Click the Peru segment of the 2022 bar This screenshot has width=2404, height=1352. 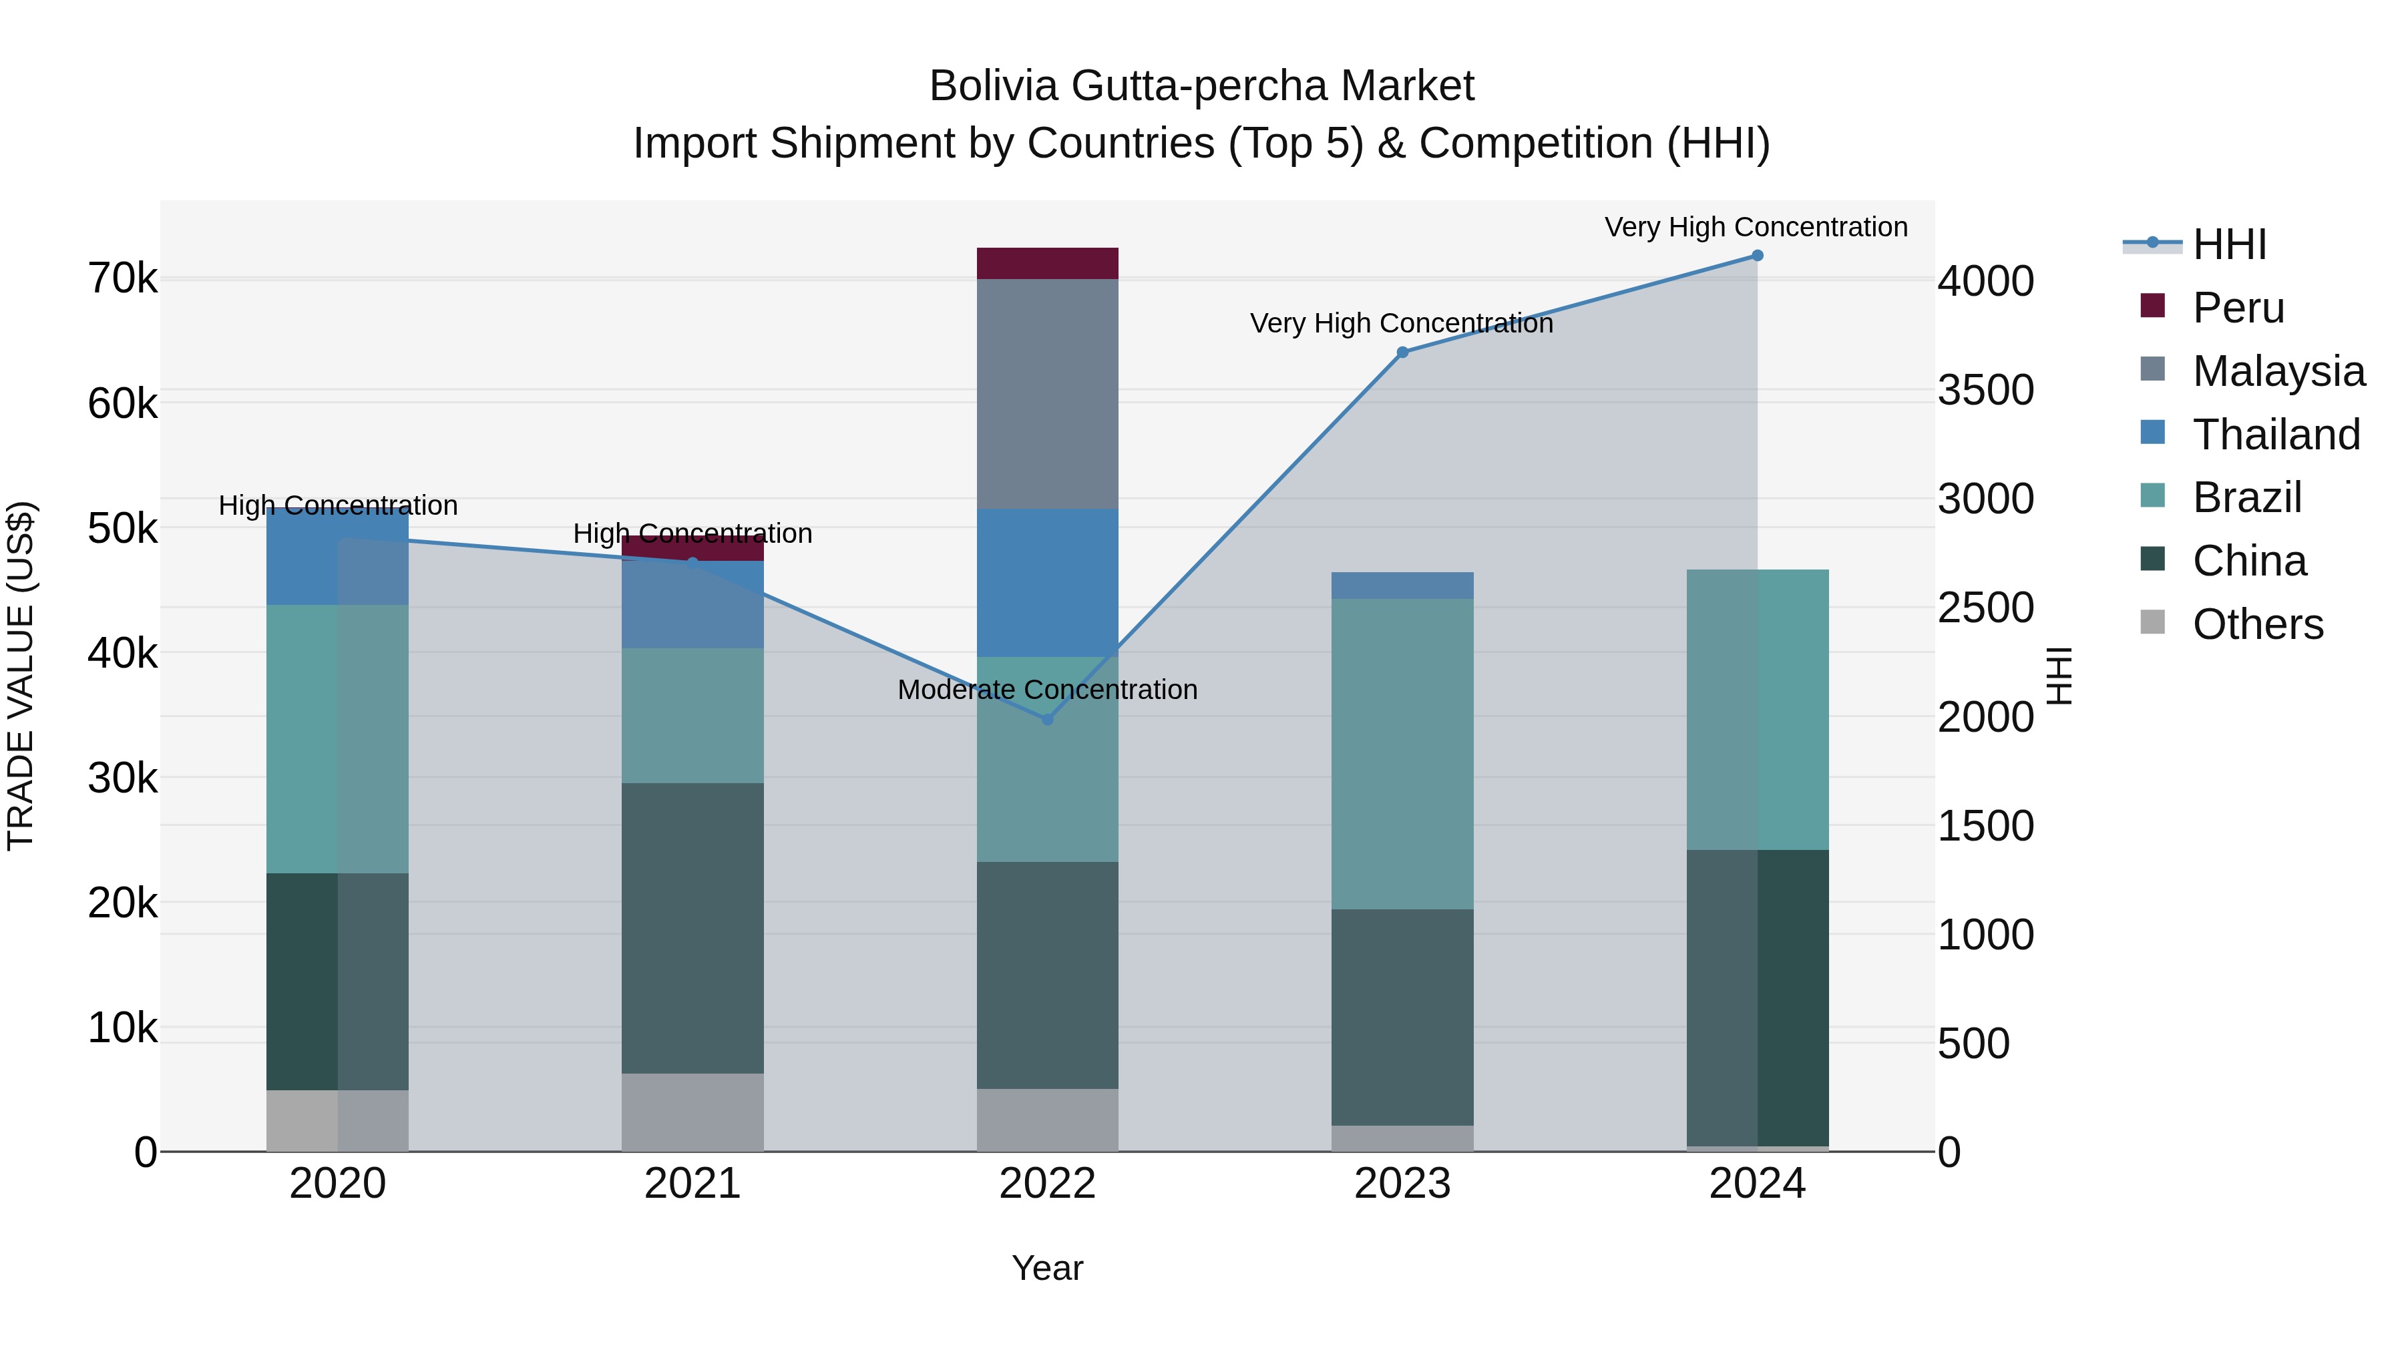click(1047, 263)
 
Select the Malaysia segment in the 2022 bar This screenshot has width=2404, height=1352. click(1047, 394)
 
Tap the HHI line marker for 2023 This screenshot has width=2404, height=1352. click(1402, 353)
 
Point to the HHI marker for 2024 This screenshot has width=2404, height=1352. click(1758, 256)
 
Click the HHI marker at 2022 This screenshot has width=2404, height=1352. click(1047, 719)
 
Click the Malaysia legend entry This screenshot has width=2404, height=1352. click(2278, 371)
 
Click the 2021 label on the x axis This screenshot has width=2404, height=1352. click(692, 1184)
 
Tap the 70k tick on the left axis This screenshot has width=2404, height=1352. click(122, 278)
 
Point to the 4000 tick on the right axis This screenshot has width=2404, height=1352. click(1986, 281)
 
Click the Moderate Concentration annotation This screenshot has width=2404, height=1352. click(1047, 690)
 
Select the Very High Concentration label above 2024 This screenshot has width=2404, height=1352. click(1756, 227)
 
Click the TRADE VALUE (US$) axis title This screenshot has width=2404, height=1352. click(21, 676)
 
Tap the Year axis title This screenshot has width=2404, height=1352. click(1047, 1268)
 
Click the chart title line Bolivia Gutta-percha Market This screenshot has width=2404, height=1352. click(1201, 86)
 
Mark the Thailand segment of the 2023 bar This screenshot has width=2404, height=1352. click(1402, 585)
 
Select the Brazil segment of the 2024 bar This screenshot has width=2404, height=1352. click(1758, 709)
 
